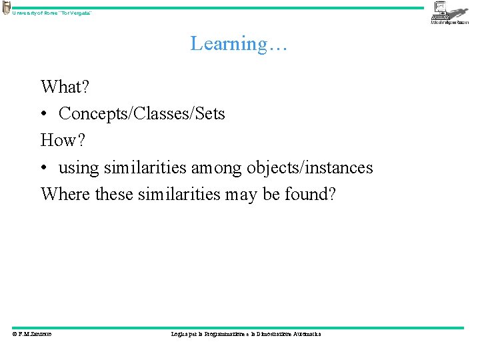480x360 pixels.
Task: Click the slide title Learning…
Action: click(239, 44)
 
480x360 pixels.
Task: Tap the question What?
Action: click(65, 87)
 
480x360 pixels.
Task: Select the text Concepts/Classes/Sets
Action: click(142, 114)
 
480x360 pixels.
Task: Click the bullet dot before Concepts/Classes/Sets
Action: click(44, 115)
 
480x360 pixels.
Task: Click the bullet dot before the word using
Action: click(44, 168)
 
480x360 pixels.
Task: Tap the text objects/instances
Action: click(311, 168)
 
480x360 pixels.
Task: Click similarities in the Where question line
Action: click(179, 194)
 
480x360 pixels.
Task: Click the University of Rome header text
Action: click(52, 13)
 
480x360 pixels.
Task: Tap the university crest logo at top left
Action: click(6, 8)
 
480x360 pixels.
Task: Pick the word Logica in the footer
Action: click(180, 334)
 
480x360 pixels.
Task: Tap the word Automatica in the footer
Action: click(305, 334)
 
